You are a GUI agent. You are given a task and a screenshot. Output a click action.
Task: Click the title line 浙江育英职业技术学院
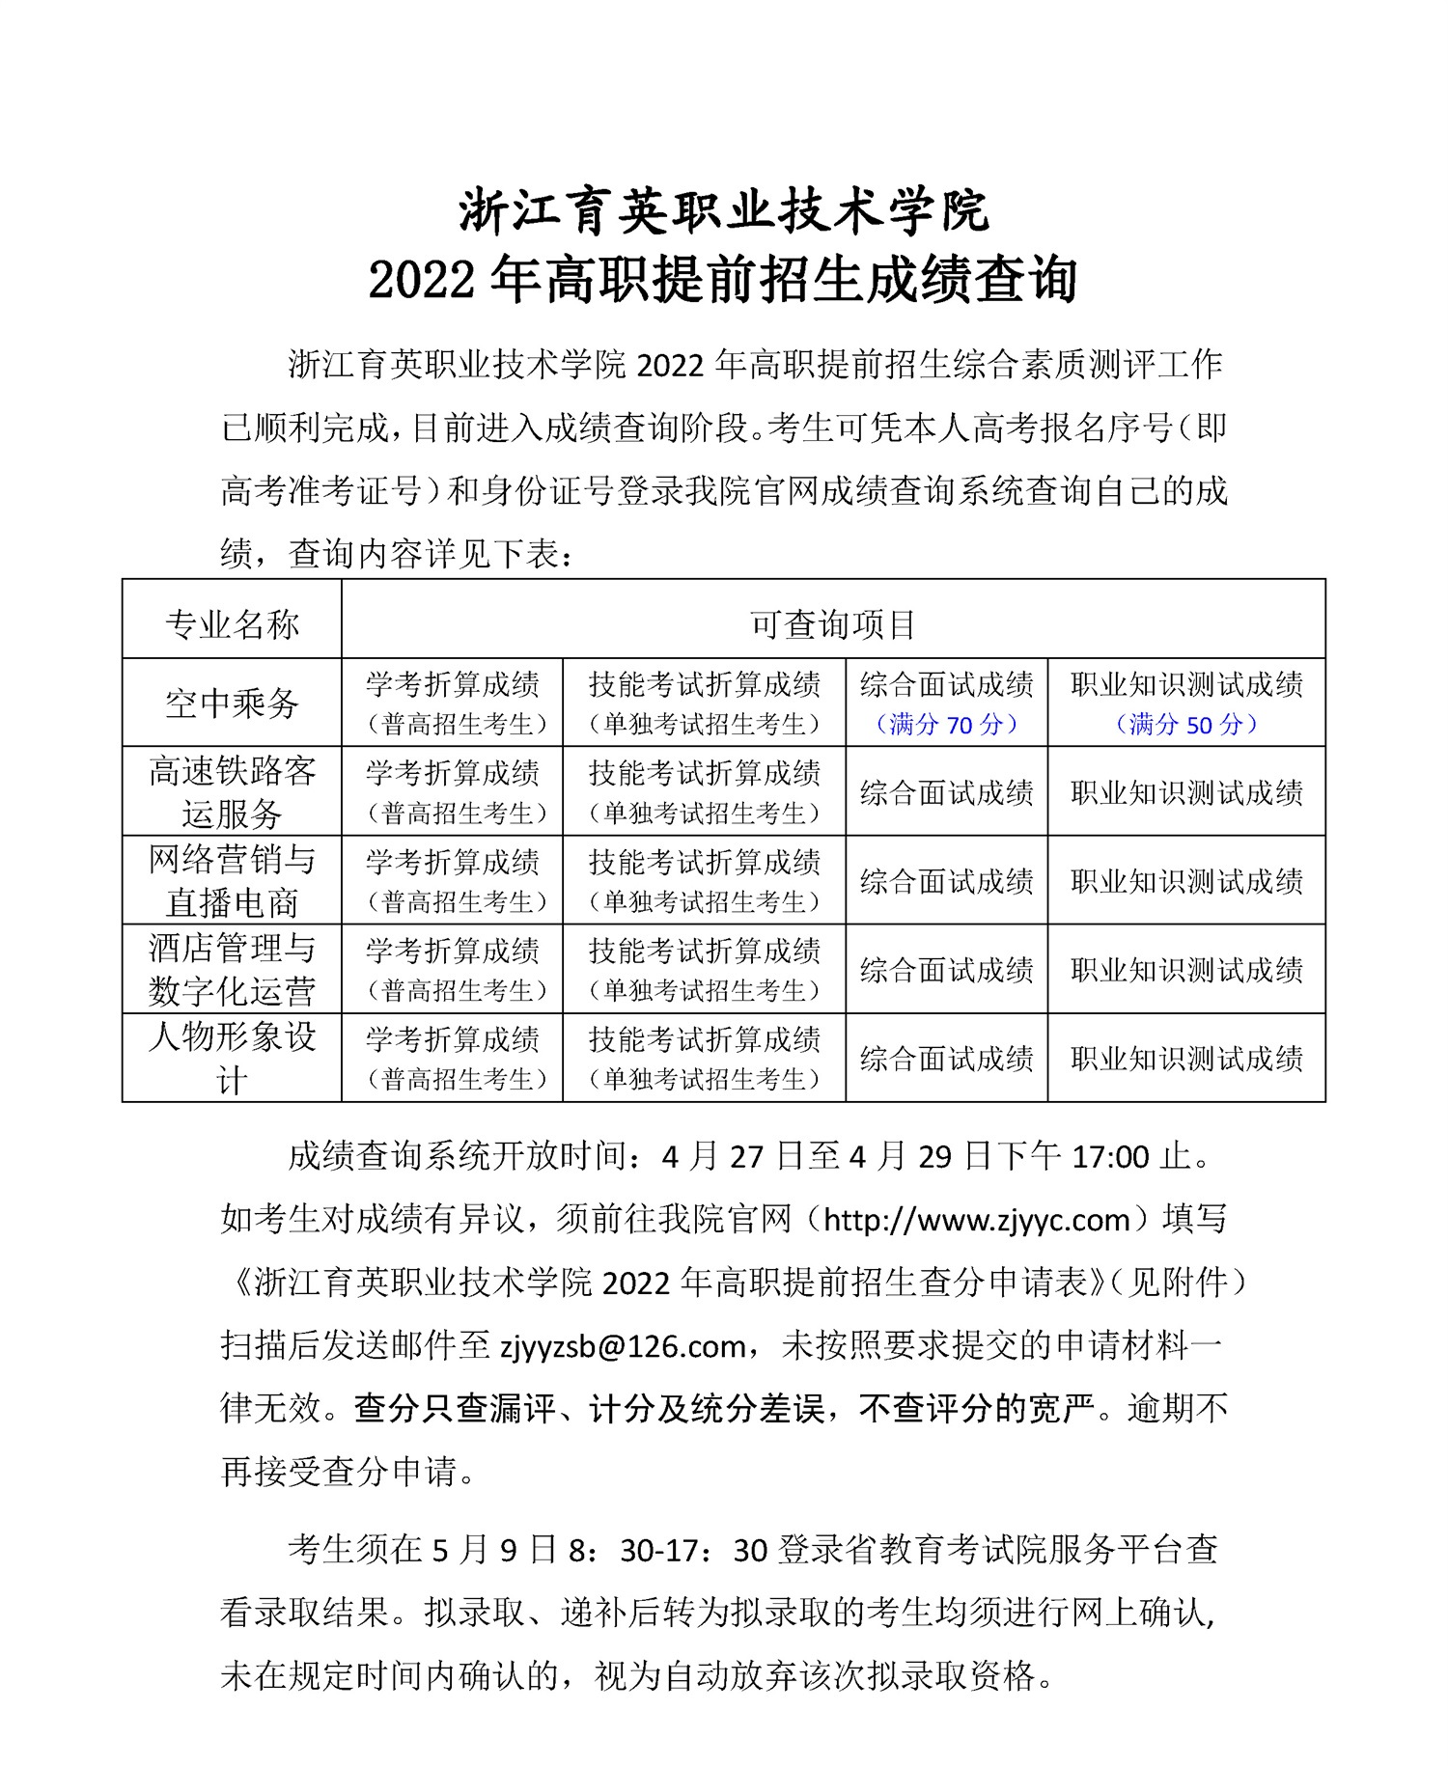[724, 210]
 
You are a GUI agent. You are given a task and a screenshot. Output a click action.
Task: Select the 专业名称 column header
[232, 624]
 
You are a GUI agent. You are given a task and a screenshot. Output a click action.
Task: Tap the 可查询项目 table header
[833, 624]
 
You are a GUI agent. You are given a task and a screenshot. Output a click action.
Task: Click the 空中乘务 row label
[232, 703]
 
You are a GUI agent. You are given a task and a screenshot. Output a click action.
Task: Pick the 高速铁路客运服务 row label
[232, 791]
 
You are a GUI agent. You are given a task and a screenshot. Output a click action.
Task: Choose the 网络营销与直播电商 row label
[232, 880]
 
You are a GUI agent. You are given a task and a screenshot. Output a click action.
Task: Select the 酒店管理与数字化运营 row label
[232, 969]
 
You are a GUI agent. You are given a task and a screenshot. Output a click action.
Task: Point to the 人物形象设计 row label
[232, 1058]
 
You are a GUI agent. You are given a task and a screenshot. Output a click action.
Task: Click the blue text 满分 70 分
[946, 724]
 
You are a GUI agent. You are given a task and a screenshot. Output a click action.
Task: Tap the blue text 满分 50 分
[1186, 724]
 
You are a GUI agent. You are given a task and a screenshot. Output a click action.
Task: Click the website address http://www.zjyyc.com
[976, 1220]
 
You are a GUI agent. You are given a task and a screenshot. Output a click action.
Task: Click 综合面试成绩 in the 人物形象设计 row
[946, 1059]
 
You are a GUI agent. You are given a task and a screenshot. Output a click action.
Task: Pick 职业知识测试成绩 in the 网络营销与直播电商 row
[1186, 881]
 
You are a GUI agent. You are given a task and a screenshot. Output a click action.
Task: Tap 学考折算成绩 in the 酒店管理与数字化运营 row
[452, 952]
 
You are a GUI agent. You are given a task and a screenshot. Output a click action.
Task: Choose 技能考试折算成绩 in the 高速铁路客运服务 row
[705, 773]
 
